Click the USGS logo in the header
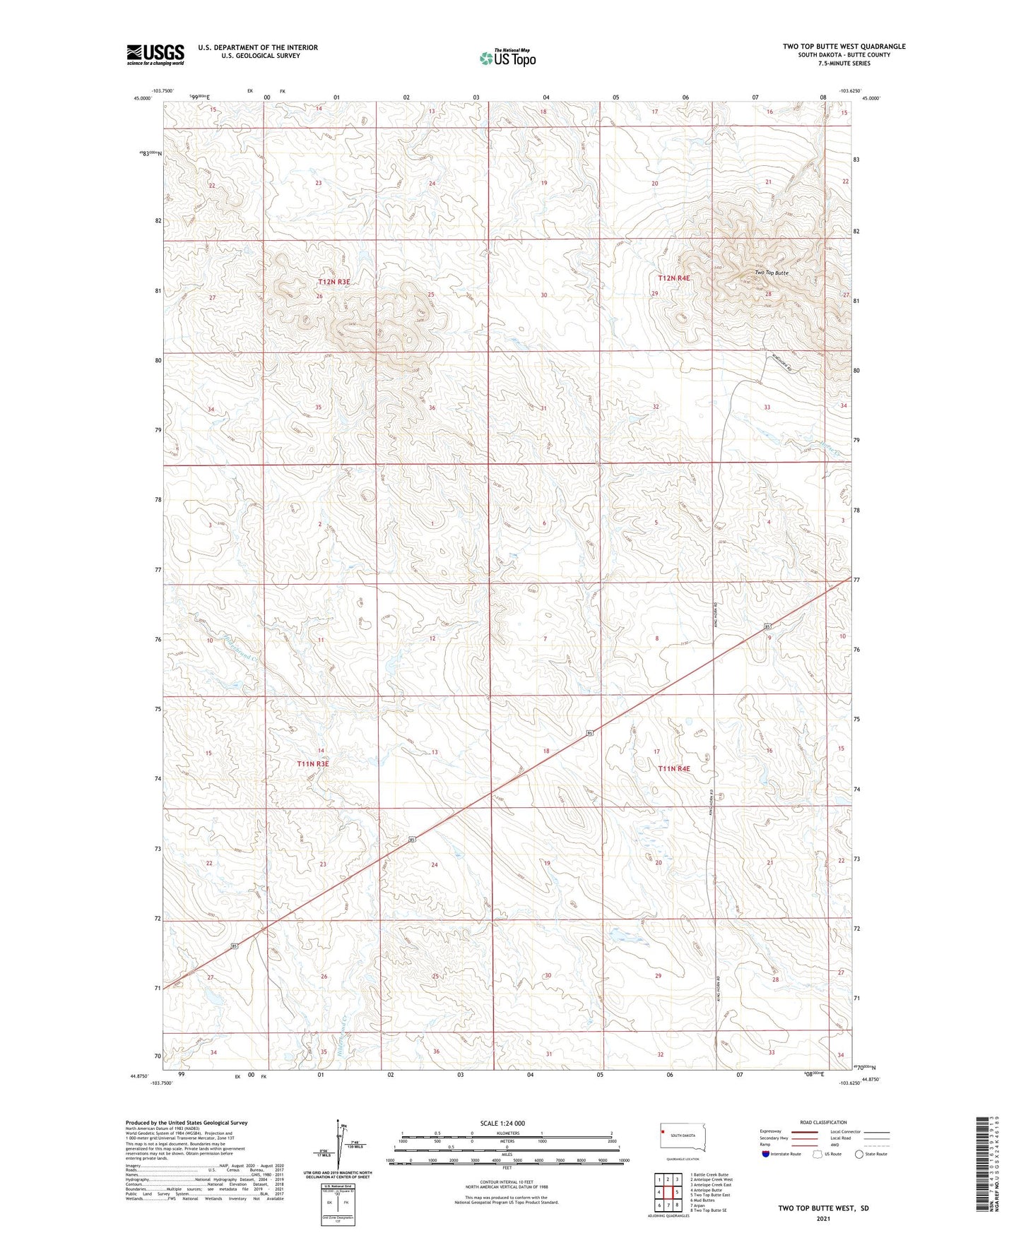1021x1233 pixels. point(155,54)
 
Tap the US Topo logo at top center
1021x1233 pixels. point(507,57)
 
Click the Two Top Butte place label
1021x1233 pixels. point(772,273)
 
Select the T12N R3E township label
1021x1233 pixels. point(334,282)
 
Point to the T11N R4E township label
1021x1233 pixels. point(674,768)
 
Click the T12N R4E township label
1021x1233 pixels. point(673,278)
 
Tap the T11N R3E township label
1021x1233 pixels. point(313,764)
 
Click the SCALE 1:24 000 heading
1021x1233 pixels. point(502,1123)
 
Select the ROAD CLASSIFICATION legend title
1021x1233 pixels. point(823,1122)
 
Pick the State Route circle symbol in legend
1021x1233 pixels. point(859,1154)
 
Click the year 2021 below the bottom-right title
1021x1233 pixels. point(823,1218)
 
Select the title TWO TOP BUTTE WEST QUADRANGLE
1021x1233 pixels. point(844,47)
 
